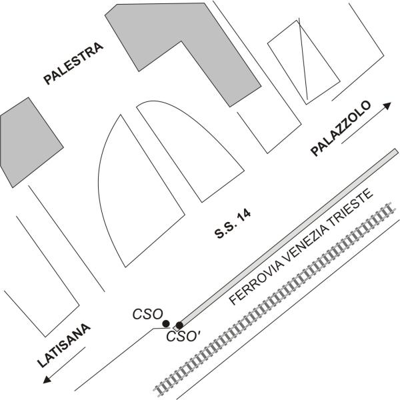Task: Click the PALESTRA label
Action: (x=73, y=64)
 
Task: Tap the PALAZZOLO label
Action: (x=341, y=129)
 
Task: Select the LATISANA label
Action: (x=64, y=345)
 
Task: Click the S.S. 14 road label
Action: (x=233, y=224)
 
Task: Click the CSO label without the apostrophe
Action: (x=147, y=314)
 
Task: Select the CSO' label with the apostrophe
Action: (x=183, y=336)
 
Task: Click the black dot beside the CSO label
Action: (x=166, y=324)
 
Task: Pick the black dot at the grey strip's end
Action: (x=179, y=325)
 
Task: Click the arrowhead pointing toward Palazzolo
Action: (x=388, y=105)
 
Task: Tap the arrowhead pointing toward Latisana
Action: (x=47, y=379)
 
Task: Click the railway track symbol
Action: (x=275, y=300)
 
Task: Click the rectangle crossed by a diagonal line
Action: (x=303, y=63)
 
